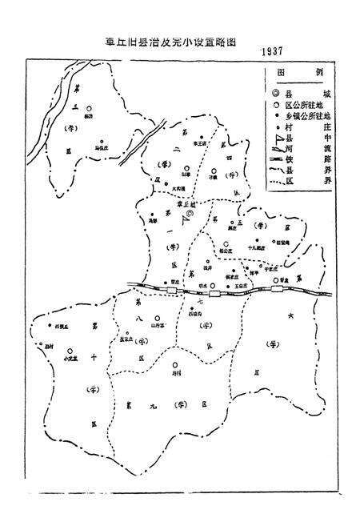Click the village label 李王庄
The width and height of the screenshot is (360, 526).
click(190, 144)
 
